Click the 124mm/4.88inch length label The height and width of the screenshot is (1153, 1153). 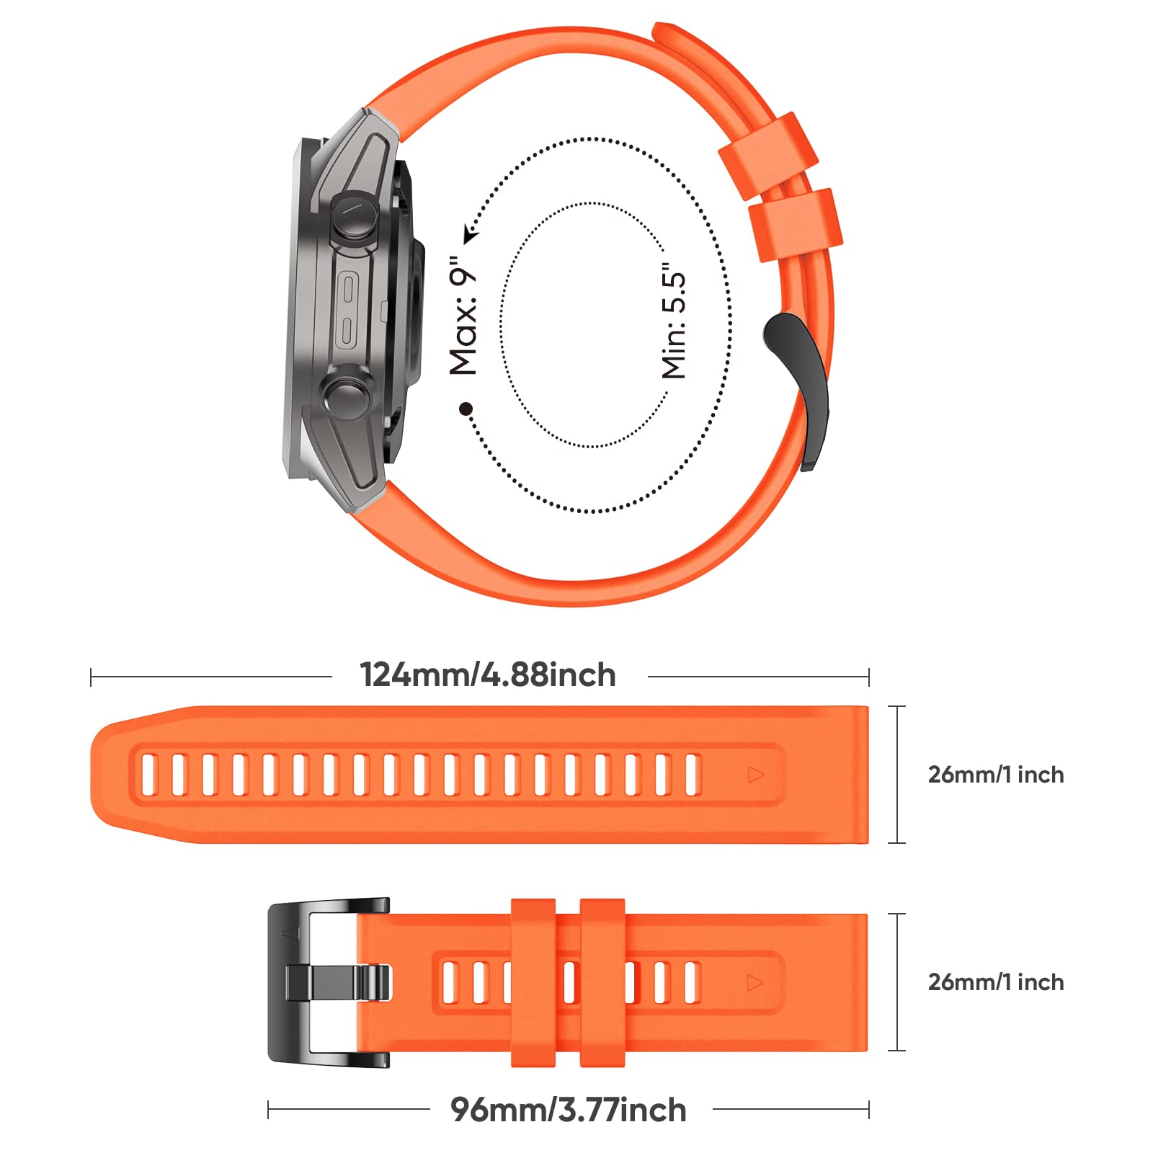[488, 675]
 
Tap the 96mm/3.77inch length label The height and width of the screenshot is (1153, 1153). [569, 1110]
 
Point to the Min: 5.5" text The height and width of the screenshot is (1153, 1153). [674, 321]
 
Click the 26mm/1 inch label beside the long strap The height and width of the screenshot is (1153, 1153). [996, 775]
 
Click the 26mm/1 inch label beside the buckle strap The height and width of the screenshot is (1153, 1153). [996, 982]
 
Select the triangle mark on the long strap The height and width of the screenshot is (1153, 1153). [755, 775]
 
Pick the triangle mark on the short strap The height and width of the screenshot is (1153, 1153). [755, 982]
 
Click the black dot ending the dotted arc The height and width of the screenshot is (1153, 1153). [466, 409]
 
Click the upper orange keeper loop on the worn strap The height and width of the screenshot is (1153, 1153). [768, 156]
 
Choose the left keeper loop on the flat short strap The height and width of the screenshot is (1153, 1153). [533, 982]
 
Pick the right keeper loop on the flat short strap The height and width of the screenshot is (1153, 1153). [602, 982]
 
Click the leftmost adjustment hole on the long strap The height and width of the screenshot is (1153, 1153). [149, 775]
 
